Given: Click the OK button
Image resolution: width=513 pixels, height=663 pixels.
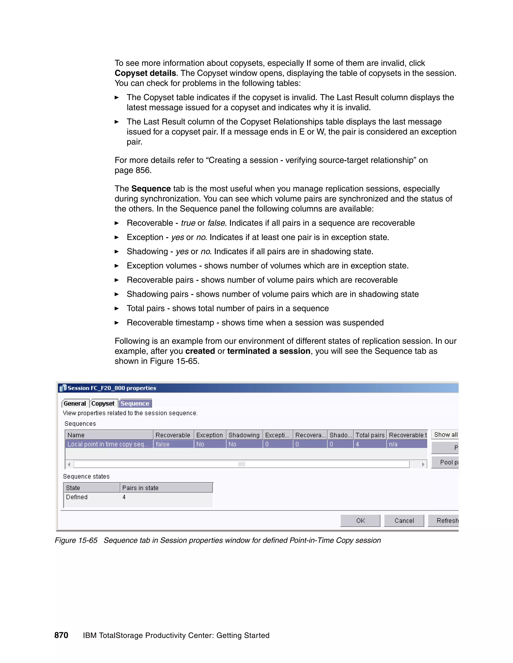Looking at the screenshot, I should [360, 521].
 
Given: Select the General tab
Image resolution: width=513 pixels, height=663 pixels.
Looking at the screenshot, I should [75, 404].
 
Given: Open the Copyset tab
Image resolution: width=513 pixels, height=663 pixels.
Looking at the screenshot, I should [103, 404].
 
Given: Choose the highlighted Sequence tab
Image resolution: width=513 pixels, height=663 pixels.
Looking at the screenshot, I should [135, 404].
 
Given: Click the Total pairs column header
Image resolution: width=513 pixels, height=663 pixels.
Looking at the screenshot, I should [370, 435].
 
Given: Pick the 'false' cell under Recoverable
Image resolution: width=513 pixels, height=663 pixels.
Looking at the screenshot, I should [173, 444].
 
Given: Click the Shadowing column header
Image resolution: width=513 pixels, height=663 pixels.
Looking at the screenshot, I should [244, 435].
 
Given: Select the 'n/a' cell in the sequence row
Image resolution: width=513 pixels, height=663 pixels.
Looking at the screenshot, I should [407, 444].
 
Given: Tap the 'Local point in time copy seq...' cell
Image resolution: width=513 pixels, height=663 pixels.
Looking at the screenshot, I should [108, 444].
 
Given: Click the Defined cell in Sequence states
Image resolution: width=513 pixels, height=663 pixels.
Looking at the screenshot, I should [77, 497].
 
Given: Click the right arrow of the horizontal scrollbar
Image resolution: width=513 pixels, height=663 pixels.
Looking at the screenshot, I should [423, 464].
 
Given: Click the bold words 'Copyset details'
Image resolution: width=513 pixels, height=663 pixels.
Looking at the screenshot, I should [145, 73].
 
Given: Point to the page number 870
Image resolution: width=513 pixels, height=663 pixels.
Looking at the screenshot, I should [61, 635].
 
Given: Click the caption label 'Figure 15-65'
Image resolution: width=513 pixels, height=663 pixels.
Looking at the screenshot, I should [76, 540].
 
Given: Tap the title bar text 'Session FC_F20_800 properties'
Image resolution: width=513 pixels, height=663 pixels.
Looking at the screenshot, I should [112, 388].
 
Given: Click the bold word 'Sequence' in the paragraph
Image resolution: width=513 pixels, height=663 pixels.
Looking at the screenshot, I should [151, 189].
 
